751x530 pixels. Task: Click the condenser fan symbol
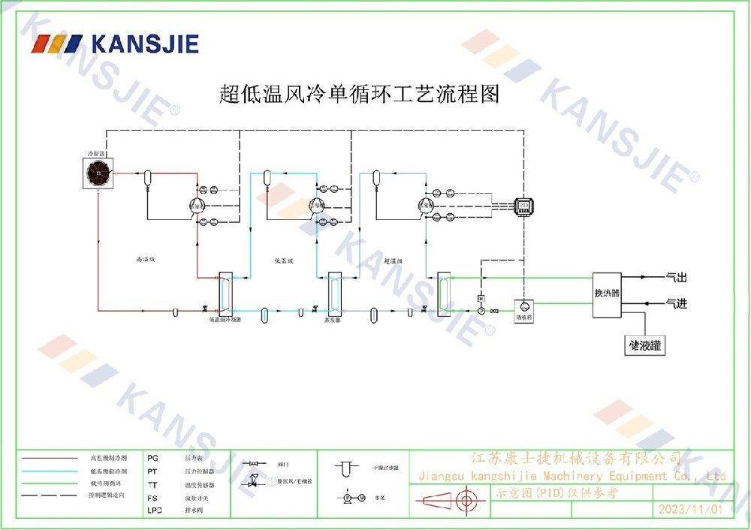pyautogui.click(x=98, y=173)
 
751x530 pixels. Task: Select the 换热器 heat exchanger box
pyautogui.click(x=607, y=294)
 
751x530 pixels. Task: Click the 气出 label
pyautogui.click(x=677, y=278)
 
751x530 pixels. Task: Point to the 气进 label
pyautogui.click(x=677, y=303)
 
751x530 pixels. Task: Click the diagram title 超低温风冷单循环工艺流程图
pyautogui.click(x=359, y=95)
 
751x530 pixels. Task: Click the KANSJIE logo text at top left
pyautogui.click(x=145, y=44)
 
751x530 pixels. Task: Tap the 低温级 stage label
pyautogui.click(x=283, y=260)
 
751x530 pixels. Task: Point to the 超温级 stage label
pyautogui.click(x=394, y=260)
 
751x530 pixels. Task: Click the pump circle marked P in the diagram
pyautogui.click(x=481, y=310)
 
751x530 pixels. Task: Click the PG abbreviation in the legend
pyautogui.click(x=153, y=457)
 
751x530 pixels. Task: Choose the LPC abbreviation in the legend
pyautogui.click(x=155, y=510)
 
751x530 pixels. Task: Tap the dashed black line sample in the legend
pyautogui.click(x=50, y=496)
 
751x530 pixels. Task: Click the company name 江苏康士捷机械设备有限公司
pyautogui.click(x=575, y=458)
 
